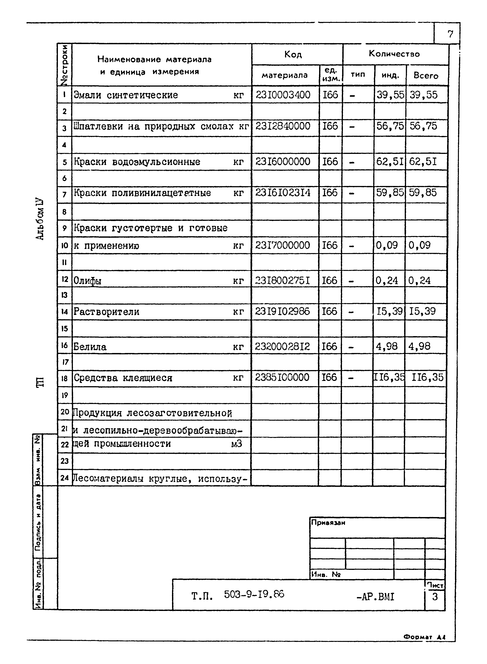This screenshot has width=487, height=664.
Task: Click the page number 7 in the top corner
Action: tap(450, 34)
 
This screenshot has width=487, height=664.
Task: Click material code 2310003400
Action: tap(283, 95)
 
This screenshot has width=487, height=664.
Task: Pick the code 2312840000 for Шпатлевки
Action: tap(283, 126)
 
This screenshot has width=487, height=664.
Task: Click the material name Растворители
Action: tap(106, 312)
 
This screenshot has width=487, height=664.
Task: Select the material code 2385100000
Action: tap(282, 377)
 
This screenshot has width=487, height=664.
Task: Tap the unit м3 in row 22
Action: tap(236, 444)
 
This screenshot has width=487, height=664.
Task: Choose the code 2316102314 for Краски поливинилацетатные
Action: tap(283, 193)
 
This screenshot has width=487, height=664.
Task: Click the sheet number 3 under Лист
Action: tap(435, 597)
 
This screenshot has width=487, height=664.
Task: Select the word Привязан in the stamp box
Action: tap(328, 522)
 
